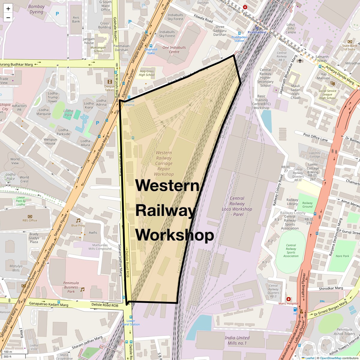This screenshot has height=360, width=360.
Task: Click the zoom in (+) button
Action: (8, 9)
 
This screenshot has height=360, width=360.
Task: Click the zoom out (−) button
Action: (8, 17)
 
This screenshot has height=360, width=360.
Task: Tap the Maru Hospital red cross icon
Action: (289, 299)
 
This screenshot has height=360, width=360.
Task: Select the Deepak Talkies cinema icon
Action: (110, 81)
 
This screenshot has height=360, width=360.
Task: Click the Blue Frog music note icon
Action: (78, 220)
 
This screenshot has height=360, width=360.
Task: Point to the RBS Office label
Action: (30, 220)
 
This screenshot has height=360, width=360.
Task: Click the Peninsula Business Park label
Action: (71, 287)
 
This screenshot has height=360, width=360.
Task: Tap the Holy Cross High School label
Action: (146, 73)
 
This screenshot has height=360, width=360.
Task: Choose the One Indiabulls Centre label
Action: (174, 49)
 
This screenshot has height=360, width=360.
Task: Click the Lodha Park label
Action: (68, 113)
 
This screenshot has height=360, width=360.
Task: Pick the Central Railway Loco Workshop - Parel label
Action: (237, 206)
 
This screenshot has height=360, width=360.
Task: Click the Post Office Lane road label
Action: (315, 137)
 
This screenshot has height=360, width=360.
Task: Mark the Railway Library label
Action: (292, 202)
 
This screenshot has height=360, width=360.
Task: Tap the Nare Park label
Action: (342, 256)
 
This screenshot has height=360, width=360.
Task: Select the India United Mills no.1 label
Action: (237, 340)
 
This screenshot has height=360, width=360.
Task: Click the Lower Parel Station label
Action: (131, 322)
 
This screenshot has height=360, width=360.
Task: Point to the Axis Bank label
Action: (76, 19)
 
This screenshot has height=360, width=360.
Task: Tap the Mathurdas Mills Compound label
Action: (100, 247)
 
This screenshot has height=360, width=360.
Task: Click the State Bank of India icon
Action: (349, 41)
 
